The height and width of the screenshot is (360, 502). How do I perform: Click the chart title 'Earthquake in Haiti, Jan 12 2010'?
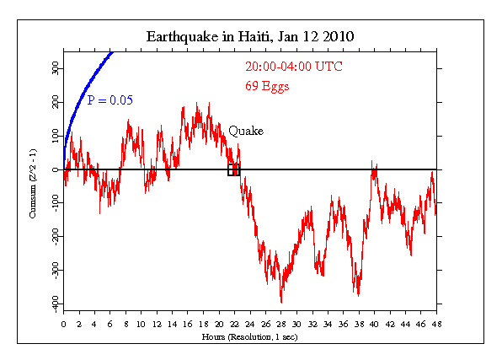pyautogui.click(x=250, y=37)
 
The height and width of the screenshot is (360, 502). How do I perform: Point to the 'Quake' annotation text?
pyautogui.click(x=246, y=131)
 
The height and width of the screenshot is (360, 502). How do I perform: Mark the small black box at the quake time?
pyautogui.click(x=233, y=169)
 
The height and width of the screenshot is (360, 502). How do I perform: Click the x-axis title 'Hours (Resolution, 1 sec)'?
pyautogui.click(x=250, y=336)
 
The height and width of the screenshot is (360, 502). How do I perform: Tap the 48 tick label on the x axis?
pyautogui.click(x=435, y=323)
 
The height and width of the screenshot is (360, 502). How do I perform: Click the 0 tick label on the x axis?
pyautogui.click(x=63, y=323)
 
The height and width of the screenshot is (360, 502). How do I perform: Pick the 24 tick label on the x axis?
pyautogui.click(x=249, y=323)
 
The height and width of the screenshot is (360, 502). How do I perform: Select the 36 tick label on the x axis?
pyautogui.click(x=343, y=323)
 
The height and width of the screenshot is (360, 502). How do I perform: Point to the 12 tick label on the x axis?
pyautogui.click(x=157, y=323)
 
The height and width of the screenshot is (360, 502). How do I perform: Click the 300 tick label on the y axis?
pyautogui.click(x=54, y=69)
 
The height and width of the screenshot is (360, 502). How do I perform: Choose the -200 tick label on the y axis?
pyautogui.click(x=54, y=236)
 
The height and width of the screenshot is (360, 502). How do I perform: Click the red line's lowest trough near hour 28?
pyautogui.click(x=280, y=301)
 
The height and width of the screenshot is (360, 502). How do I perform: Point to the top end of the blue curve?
pyautogui.click(x=113, y=53)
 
